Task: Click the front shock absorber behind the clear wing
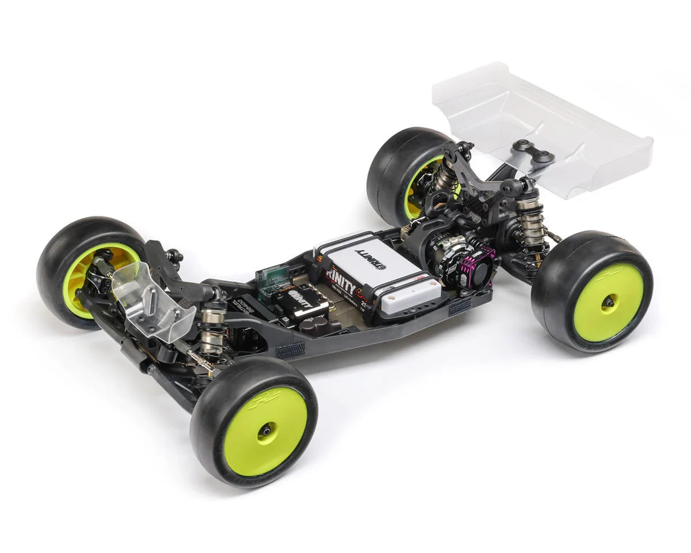point(212,323)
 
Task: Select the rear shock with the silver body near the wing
point(531,219)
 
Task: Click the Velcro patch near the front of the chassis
point(290,350)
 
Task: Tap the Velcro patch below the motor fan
point(461,307)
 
